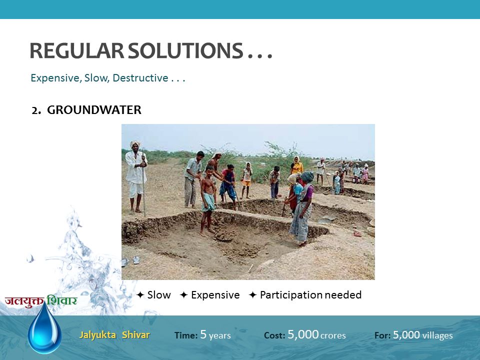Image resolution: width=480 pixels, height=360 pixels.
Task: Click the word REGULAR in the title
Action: (x=77, y=50)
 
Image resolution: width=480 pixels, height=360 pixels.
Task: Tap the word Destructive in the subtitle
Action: (x=140, y=78)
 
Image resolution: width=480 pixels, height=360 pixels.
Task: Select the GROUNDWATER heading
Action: (x=94, y=110)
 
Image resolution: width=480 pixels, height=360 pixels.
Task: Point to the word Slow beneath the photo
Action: (x=159, y=295)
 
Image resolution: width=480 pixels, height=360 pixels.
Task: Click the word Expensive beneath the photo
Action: (x=215, y=295)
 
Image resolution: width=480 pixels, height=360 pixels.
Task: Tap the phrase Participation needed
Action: (x=310, y=295)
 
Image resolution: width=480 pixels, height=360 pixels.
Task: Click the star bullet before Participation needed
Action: (x=252, y=295)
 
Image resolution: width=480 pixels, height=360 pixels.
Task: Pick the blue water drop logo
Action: (x=44, y=327)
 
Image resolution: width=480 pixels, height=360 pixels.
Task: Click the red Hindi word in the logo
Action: (x=24, y=301)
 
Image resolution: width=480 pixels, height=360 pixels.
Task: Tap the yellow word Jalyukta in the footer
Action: (x=97, y=335)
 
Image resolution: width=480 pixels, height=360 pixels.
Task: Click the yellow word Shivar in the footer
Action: (x=136, y=334)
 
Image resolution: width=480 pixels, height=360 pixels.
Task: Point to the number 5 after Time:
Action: (x=203, y=334)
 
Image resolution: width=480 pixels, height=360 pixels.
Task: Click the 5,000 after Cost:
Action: (x=303, y=334)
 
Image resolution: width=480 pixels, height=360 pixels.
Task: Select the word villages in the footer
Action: (x=437, y=335)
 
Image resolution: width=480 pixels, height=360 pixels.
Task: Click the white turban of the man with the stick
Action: (x=134, y=143)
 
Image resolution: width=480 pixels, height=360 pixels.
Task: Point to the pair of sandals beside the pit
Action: (x=130, y=261)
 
